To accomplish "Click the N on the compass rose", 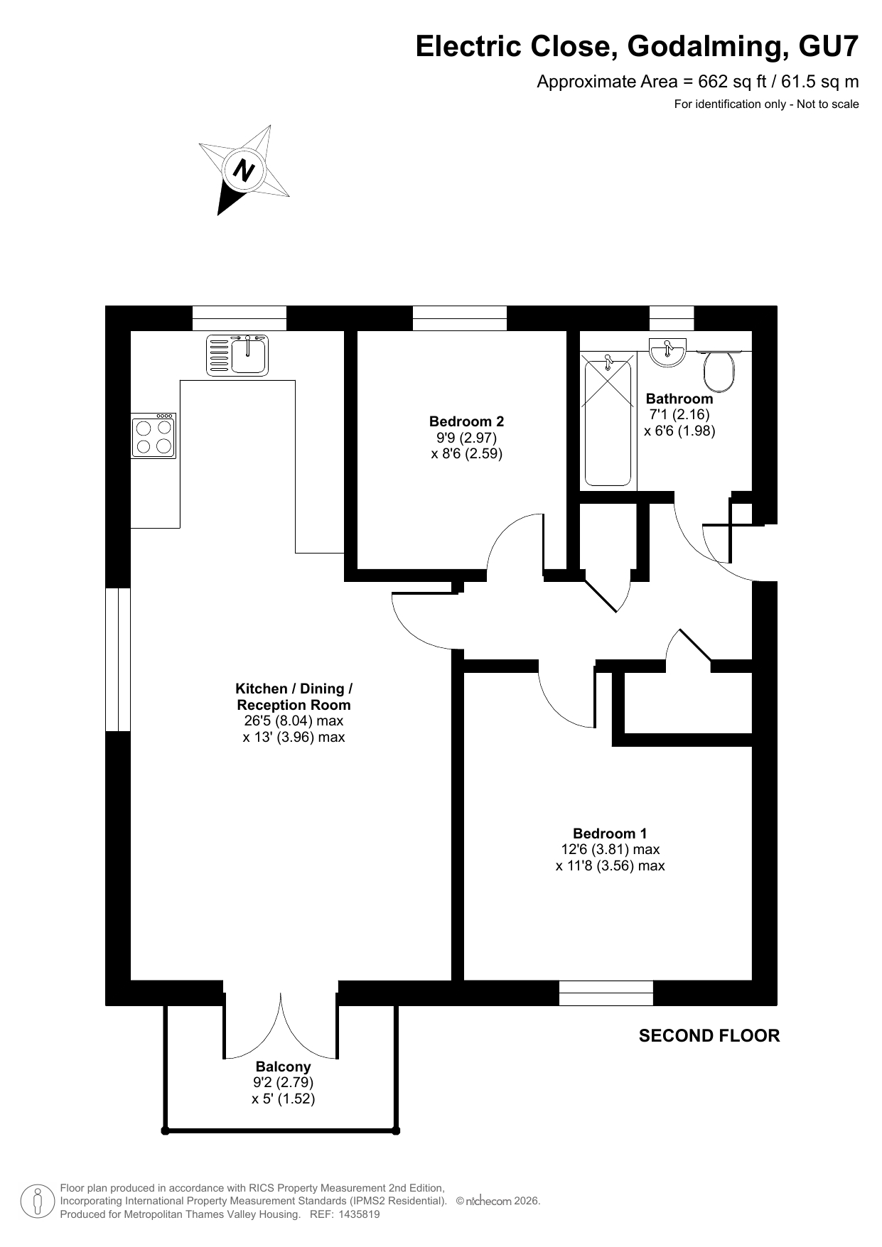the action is [244, 171].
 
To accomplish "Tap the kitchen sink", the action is [238, 355].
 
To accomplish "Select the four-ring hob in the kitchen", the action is [153, 436].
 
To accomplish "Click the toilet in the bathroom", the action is [719, 371].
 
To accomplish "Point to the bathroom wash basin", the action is [667, 352].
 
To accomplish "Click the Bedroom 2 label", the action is [466, 421].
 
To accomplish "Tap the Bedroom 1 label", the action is [610, 833].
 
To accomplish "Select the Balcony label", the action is [283, 1066].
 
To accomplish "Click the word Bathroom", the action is [679, 399].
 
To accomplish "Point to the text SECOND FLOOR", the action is [709, 1035].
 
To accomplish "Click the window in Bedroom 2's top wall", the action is [460, 318].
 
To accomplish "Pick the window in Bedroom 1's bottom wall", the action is [606, 993].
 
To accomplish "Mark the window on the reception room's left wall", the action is [118, 659].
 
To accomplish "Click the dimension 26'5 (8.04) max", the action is [294, 720].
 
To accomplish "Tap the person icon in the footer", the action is [38, 1201].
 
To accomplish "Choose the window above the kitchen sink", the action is [240, 318].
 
